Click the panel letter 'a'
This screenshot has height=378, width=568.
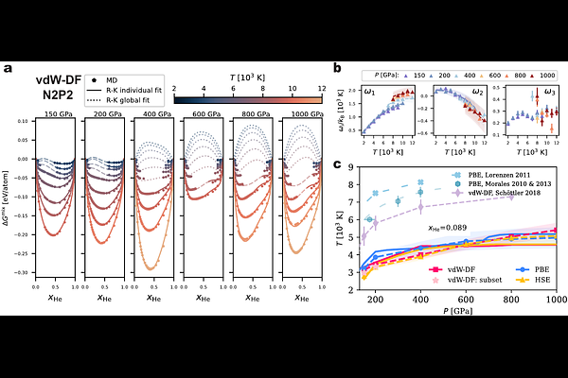9,68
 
